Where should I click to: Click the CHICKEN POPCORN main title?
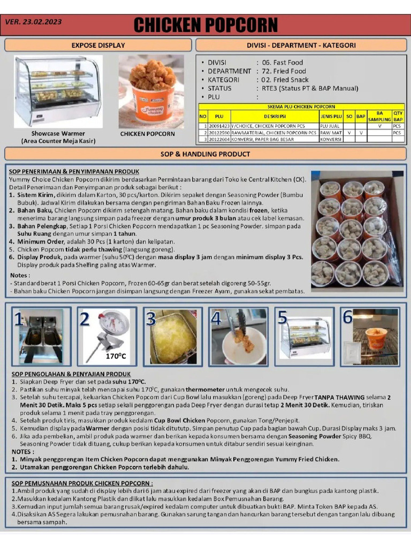coord(205,25)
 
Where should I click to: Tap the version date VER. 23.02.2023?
coord(33,22)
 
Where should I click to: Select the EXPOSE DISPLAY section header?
coord(98,45)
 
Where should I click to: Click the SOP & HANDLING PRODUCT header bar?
coord(205,154)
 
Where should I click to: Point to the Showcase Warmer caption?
coord(58,133)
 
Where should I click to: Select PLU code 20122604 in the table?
coord(219,139)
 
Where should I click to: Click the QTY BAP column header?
coord(398,116)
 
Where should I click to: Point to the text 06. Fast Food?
coord(283,63)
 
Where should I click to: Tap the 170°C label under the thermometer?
coord(115,356)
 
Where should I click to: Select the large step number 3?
coord(151,319)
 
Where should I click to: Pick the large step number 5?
coord(282,317)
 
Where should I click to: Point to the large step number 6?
coord(347,317)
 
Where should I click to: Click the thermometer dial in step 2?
coord(115,323)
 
